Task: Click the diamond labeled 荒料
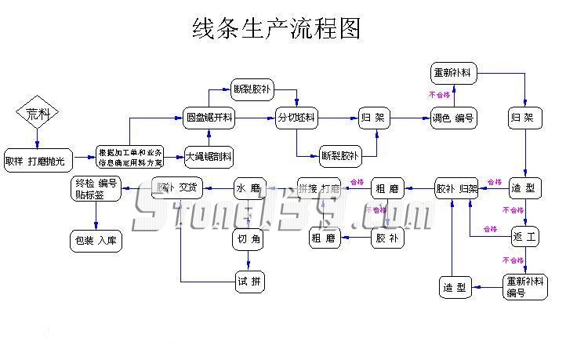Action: click(38, 115)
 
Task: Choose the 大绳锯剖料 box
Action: click(209, 157)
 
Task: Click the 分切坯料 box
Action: click(296, 118)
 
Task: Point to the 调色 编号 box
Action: click(453, 118)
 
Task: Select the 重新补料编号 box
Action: click(525, 286)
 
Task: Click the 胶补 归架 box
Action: click(456, 188)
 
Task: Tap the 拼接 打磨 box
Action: click(319, 188)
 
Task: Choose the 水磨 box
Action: click(250, 188)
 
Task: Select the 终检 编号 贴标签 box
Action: click(96, 188)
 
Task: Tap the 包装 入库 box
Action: click(96, 240)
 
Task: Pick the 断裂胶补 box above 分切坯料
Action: click(252, 89)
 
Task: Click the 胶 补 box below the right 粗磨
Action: click(388, 238)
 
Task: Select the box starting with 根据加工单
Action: click(130, 157)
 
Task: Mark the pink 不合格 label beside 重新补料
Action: click(438, 96)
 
